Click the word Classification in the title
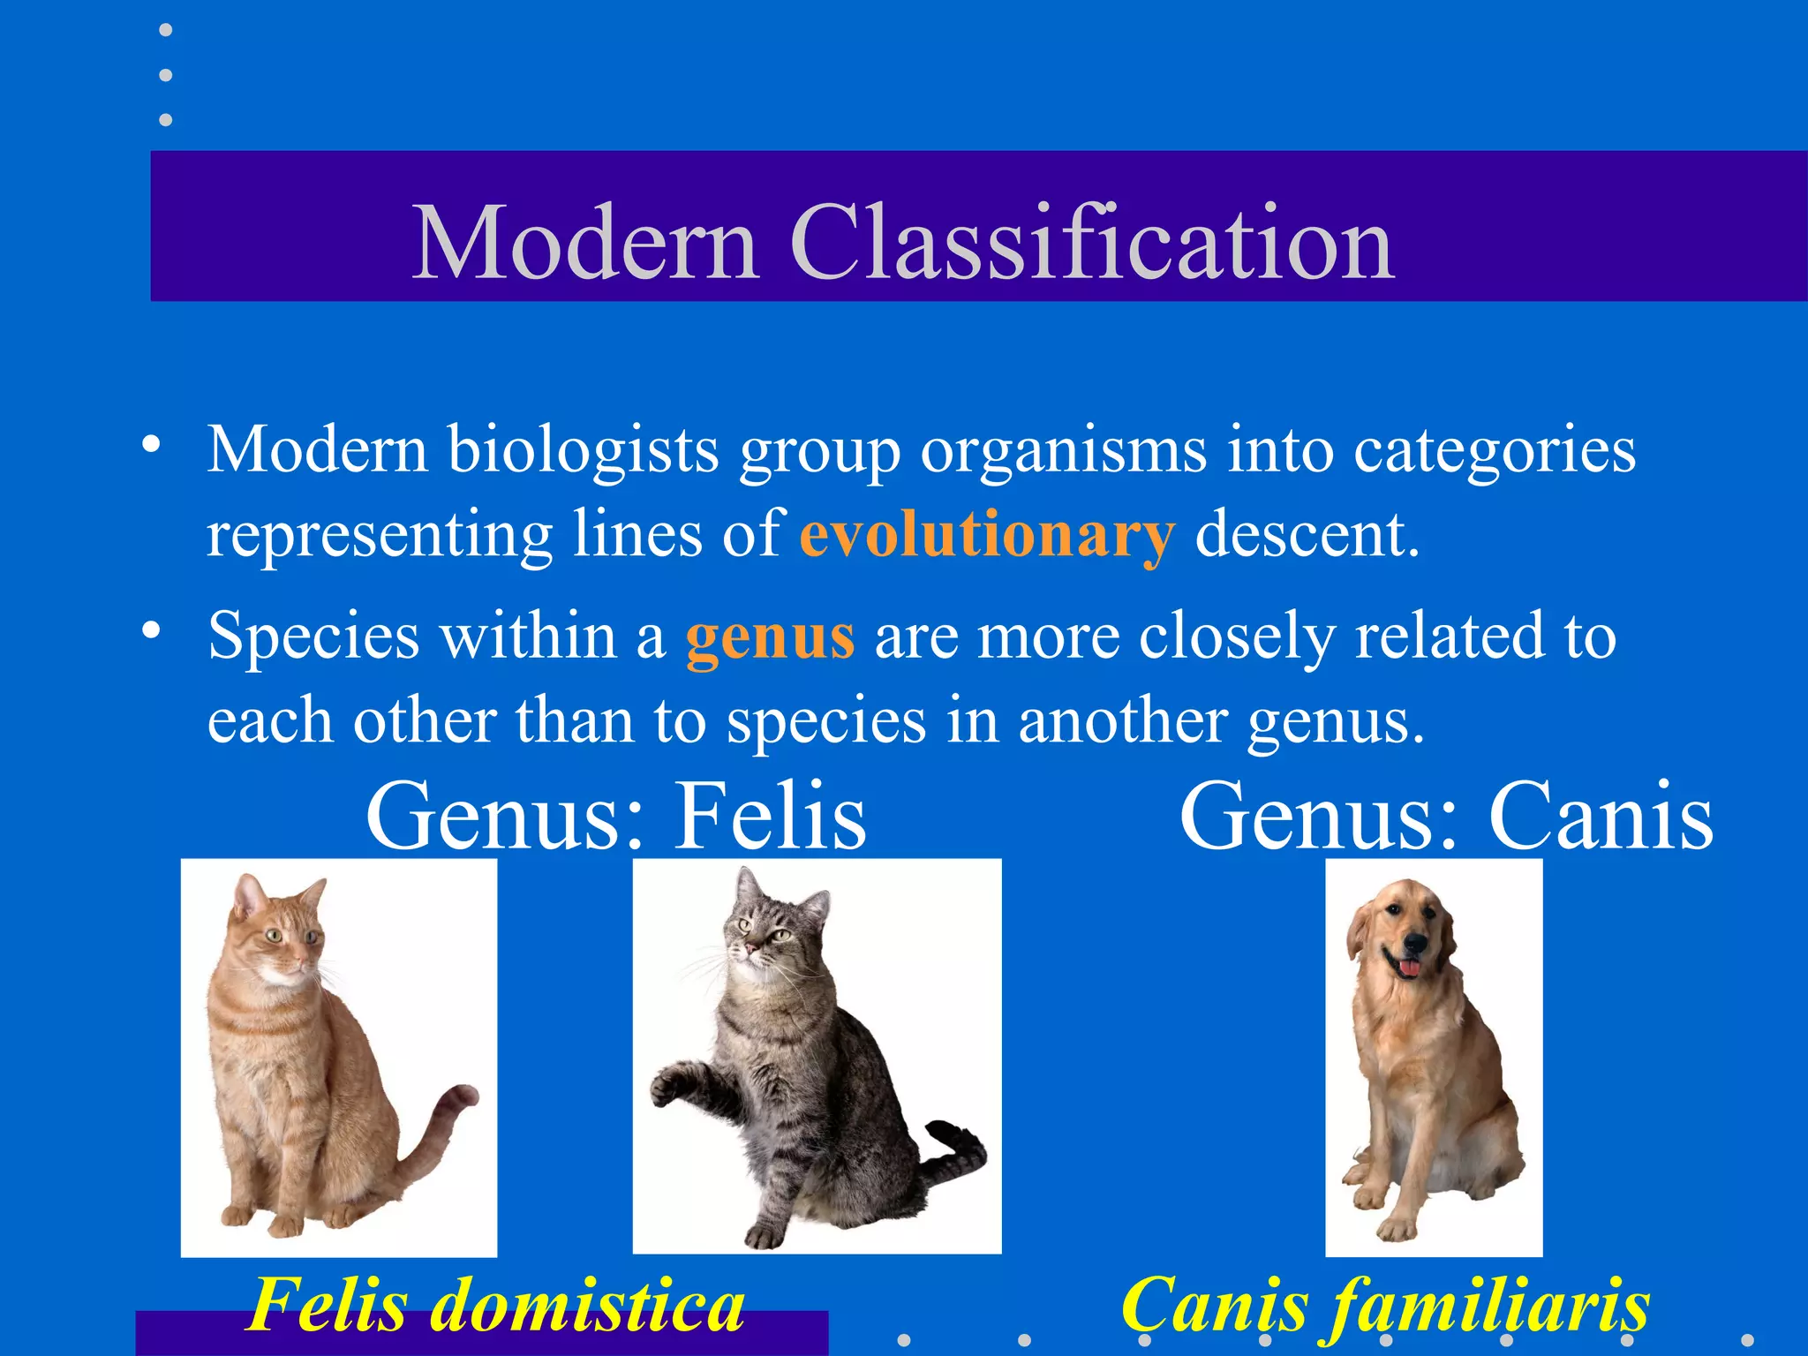pyautogui.click(x=1092, y=242)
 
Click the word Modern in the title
pyautogui.click(x=585, y=242)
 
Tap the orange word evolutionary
pyautogui.click(x=987, y=535)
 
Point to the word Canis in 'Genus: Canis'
pyautogui.click(x=1601, y=816)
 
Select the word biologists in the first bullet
pyautogui.click(x=583, y=450)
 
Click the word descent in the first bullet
pyautogui.click(x=1307, y=535)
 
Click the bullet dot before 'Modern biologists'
pyautogui.click(x=152, y=443)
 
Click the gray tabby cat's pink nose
pyautogui.click(x=750, y=949)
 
